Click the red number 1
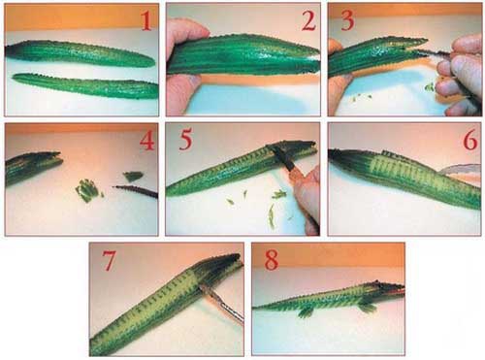tap(146, 21)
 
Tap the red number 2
tap(308, 21)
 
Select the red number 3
tap(347, 21)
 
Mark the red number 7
tap(109, 260)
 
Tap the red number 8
tap(271, 260)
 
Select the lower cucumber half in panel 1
tap(85, 85)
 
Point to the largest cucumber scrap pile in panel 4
tap(87, 190)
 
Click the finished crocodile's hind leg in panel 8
tap(307, 311)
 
